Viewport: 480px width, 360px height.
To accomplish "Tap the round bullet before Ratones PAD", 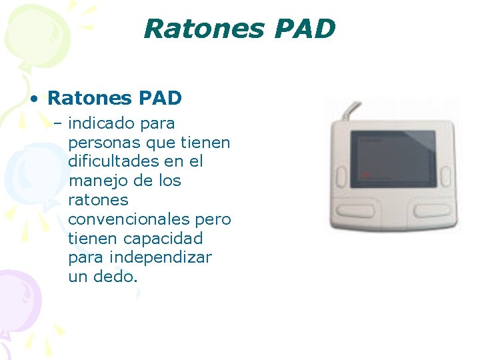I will (x=32, y=99).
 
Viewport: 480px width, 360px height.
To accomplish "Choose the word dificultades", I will (x=112, y=161).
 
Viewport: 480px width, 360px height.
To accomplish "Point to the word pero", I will (x=213, y=219).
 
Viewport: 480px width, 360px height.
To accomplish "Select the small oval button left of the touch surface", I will (x=341, y=174).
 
